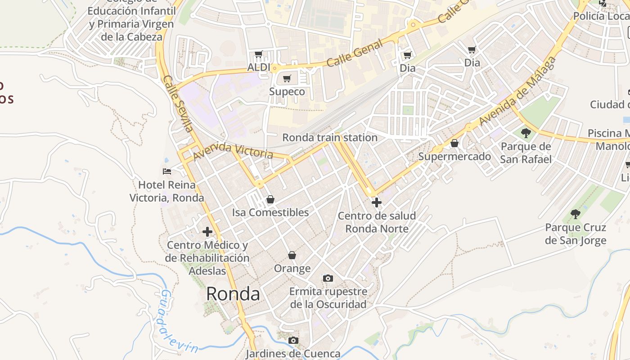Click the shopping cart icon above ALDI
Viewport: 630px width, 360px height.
tap(258, 55)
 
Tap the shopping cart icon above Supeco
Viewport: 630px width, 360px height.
tap(287, 79)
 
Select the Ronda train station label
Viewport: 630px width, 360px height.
tap(330, 138)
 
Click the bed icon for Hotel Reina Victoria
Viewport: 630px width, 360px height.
tap(167, 171)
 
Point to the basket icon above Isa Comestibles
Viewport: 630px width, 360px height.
tap(270, 199)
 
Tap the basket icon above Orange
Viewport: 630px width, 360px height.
tap(292, 255)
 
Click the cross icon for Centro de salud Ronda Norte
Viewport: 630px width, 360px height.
tap(377, 202)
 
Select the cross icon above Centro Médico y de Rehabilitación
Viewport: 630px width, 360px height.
tap(207, 232)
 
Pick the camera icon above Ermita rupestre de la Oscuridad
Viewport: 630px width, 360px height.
tap(328, 278)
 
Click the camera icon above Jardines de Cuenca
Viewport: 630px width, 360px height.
tap(293, 340)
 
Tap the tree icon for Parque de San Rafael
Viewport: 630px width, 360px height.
tap(526, 133)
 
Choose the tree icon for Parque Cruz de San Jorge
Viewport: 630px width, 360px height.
tap(575, 214)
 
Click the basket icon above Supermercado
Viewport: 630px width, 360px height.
tap(454, 143)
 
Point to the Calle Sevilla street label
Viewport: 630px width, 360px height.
tap(178, 103)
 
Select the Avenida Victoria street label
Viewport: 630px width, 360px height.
tap(233, 151)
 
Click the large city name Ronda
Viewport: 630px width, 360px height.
tap(233, 294)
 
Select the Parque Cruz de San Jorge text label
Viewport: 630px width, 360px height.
tap(576, 234)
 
